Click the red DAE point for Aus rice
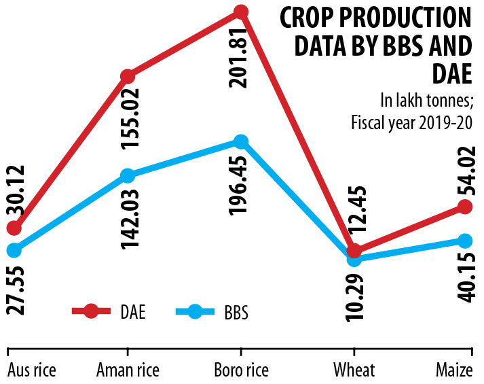coord(14,228)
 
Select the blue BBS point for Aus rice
coord(14,250)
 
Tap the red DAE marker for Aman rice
coord(127,75)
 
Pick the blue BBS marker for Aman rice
coord(127,175)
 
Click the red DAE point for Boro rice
coord(240,12)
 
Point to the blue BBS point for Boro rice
coord(240,141)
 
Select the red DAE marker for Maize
coord(464,206)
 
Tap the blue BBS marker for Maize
coord(464,241)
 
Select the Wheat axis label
coord(354,370)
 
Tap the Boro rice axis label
coord(240,370)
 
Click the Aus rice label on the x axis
coord(31,370)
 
